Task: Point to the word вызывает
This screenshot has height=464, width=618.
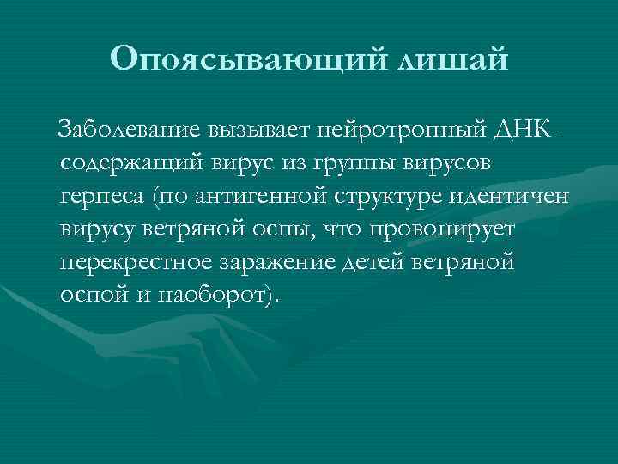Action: tap(251, 131)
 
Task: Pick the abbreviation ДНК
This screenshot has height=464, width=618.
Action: tap(520, 131)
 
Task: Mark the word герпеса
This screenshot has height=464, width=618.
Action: tap(101, 196)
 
